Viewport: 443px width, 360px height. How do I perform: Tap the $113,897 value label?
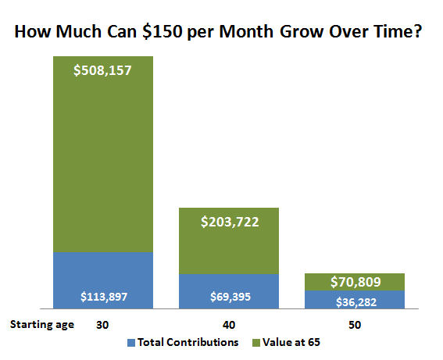click(102, 297)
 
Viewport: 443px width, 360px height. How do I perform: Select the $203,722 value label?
click(229, 222)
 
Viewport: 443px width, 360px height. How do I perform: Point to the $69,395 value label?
click(229, 297)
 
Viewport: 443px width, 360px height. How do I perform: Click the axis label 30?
click(102, 324)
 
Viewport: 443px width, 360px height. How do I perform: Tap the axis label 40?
click(229, 324)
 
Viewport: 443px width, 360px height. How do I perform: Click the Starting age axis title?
click(41, 324)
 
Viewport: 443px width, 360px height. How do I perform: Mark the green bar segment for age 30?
click(102, 156)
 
